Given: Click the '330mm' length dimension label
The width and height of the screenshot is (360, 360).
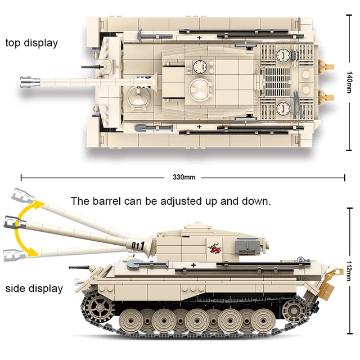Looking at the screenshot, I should (x=184, y=177).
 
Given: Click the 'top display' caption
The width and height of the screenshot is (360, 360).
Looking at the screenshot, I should (x=32, y=43).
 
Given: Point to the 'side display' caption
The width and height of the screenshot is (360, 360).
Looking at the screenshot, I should (x=34, y=289).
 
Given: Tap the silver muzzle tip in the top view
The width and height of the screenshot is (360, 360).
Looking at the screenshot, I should (x=26, y=82).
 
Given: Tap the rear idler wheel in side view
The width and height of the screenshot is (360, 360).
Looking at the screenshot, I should (x=294, y=309).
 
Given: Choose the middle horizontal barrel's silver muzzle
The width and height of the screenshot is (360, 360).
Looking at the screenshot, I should (x=13, y=222).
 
